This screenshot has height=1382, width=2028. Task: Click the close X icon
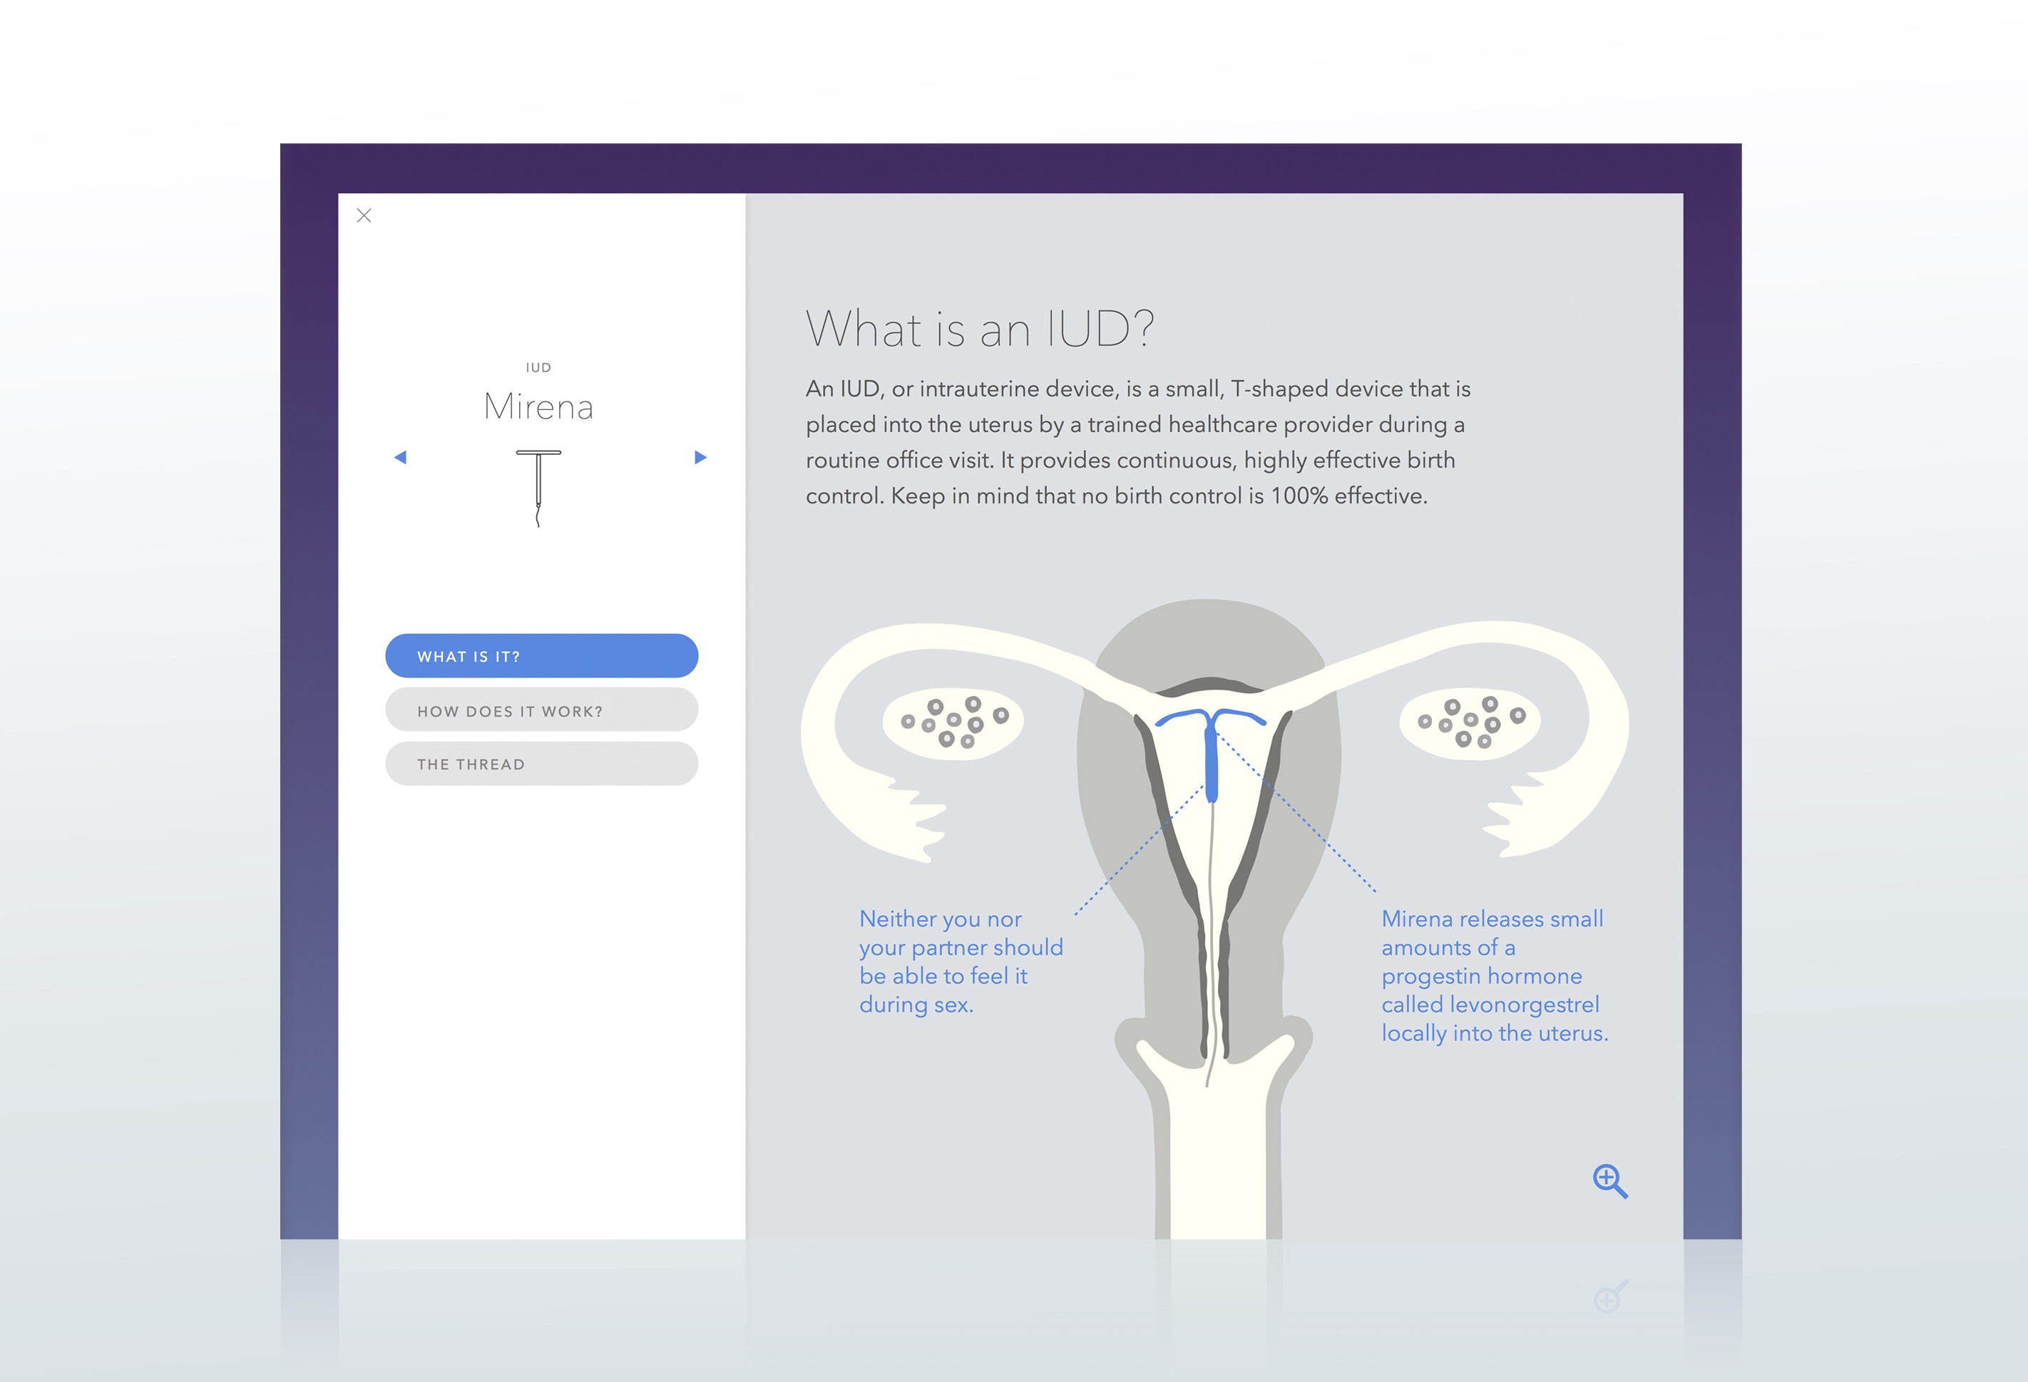364,215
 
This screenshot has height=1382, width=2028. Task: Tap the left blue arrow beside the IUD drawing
401,457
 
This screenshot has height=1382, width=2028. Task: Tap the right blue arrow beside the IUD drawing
700,457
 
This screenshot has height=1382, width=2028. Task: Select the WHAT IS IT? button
542,656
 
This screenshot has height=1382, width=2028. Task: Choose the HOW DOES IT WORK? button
542,710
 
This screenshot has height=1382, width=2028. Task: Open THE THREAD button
542,764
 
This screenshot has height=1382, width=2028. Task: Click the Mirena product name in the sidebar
538,407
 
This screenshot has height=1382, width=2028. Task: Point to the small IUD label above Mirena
538,368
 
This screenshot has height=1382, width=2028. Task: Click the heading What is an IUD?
980,329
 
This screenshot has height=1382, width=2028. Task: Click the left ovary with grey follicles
953,722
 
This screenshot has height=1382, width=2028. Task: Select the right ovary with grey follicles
1470,721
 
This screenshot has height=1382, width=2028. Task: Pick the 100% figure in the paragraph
1299,496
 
